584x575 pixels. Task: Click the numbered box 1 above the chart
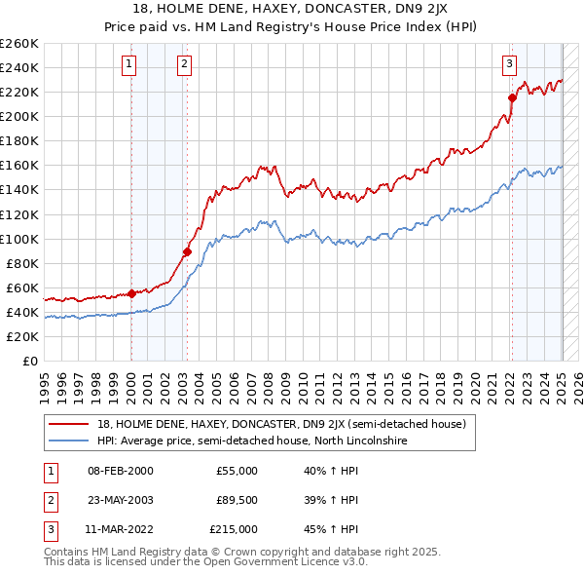(x=130, y=65)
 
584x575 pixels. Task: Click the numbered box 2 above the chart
(x=185, y=65)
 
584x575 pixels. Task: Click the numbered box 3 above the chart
(x=509, y=65)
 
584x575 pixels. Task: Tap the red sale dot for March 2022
(x=512, y=97)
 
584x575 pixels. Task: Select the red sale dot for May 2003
(x=187, y=251)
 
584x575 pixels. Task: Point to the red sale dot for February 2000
(x=131, y=293)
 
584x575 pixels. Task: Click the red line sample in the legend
(x=69, y=425)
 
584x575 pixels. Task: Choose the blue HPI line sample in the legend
(x=69, y=441)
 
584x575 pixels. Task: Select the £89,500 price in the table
(x=235, y=500)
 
